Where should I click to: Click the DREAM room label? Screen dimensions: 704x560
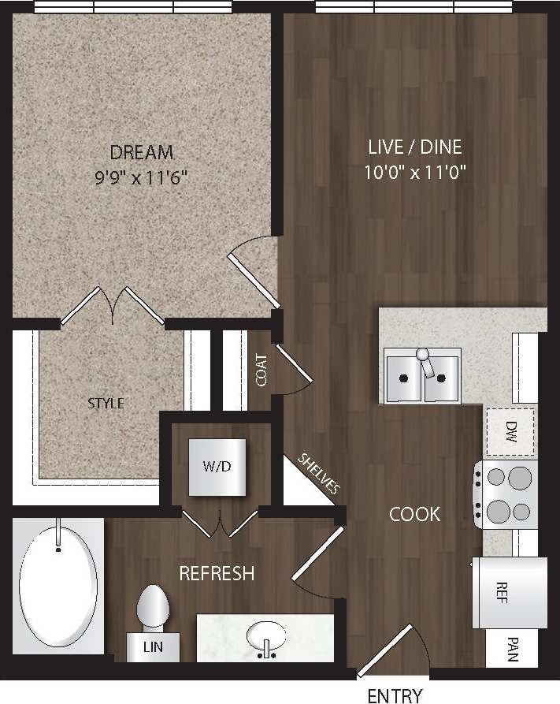142,152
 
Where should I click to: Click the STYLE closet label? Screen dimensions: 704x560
106,404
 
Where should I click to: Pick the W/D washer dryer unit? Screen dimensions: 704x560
217,466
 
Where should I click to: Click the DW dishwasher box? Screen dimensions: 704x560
510,431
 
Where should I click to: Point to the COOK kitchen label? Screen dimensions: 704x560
415,514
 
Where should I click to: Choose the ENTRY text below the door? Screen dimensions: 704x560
395,695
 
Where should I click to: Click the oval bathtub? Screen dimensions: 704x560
58,583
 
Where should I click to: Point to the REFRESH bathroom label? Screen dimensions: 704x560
217,573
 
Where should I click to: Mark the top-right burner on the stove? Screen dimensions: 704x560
520,478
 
